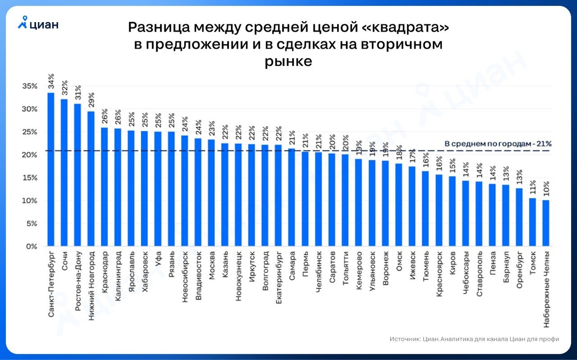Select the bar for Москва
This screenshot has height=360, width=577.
(211, 193)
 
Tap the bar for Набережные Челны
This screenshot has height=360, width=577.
(545, 223)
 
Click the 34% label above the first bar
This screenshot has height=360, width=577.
(51, 82)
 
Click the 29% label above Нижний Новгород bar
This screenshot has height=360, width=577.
(91, 100)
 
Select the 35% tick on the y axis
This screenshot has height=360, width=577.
(30, 86)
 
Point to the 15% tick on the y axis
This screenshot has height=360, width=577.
(30, 178)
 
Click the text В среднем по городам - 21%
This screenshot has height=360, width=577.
(498, 143)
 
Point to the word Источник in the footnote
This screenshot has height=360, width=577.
(405, 338)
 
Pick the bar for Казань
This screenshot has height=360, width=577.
(225, 195)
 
